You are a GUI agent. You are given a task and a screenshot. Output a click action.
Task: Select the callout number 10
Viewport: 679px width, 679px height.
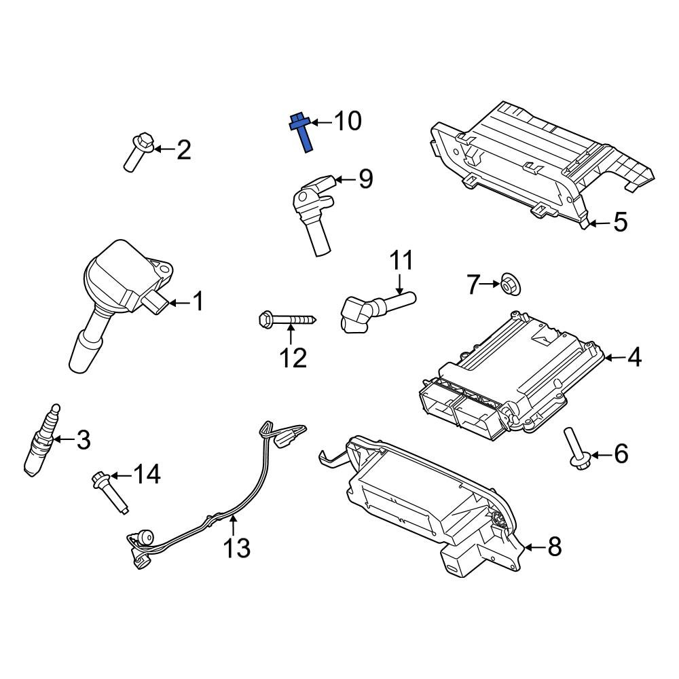point(348,121)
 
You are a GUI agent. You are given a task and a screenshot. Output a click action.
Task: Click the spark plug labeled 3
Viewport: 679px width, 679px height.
point(41,440)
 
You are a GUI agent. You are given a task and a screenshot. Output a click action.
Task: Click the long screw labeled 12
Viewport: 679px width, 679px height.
point(287,320)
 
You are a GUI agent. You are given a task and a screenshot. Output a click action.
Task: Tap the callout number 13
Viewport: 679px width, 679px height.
point(237,548)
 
